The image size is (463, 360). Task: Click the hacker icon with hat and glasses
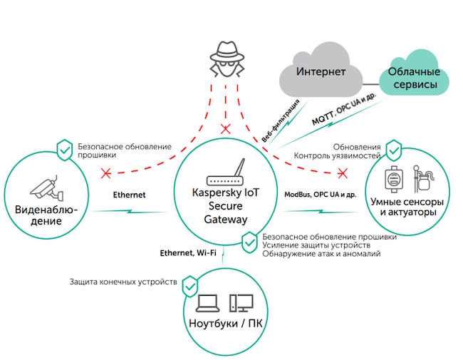tap(227, 57)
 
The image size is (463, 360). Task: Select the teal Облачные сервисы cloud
tap(412, 76)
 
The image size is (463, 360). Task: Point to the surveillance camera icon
tap(46, 188)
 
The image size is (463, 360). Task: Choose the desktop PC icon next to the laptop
tap(241, 304)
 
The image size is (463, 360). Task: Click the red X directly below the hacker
tap(227, 129)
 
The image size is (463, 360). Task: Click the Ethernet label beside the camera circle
tap(129, 194)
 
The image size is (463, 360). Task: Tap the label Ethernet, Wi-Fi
tap(188, 252)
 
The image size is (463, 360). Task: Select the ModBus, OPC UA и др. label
tap(321, 194)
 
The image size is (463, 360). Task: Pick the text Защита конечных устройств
tap(123, 281)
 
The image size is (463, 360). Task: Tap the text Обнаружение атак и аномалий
tap(321, 253)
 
